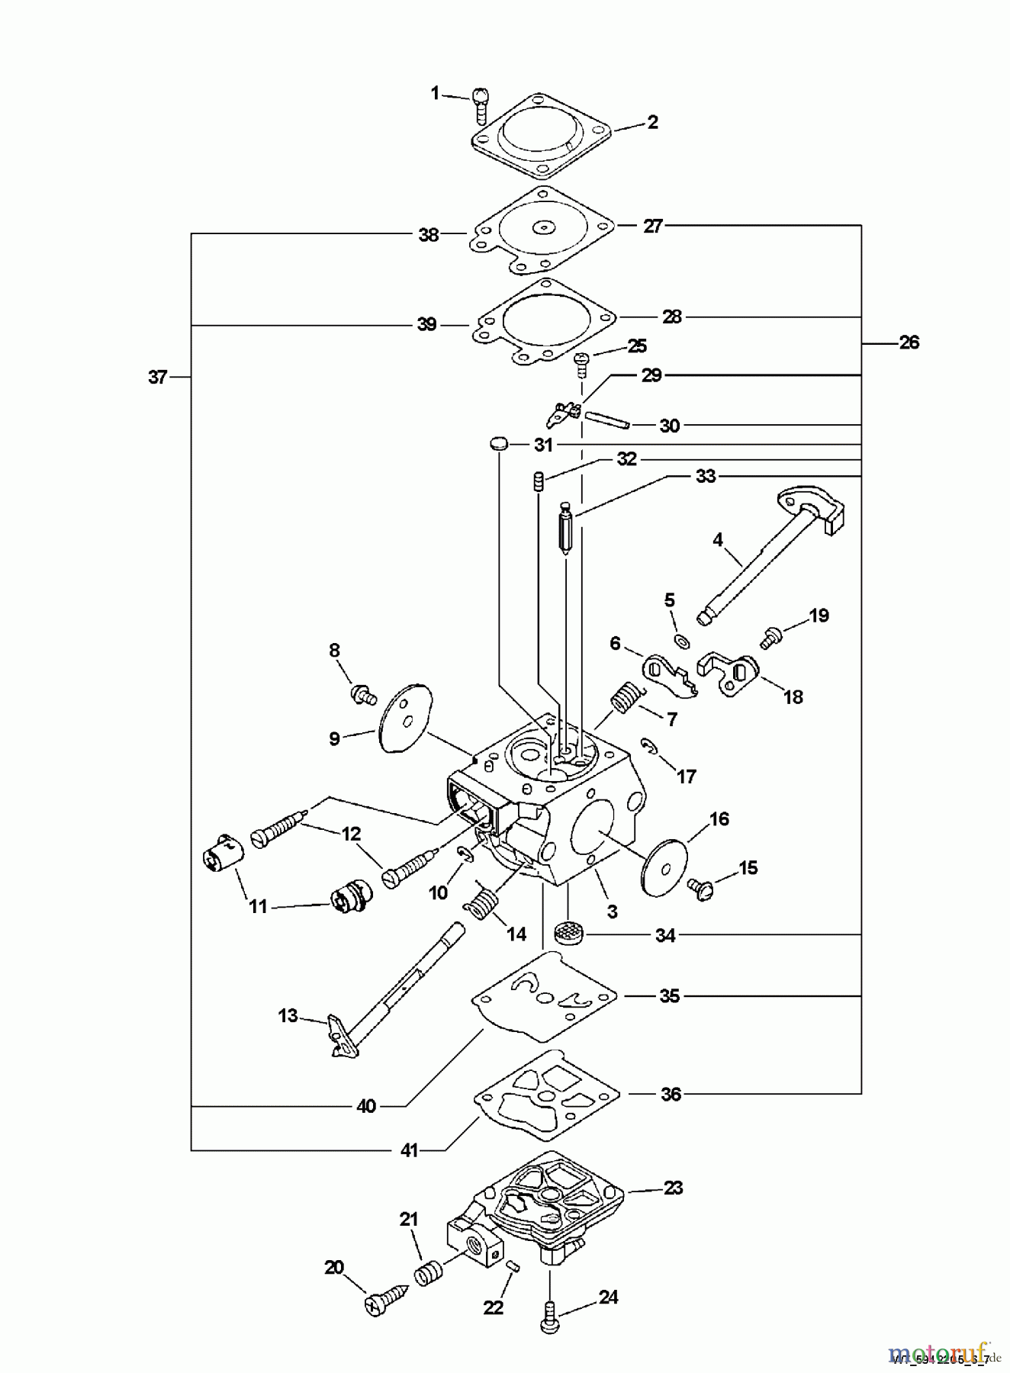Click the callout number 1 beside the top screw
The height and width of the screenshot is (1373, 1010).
435,93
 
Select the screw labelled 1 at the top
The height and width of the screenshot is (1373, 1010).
479,105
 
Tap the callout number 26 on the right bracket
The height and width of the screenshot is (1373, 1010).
909,342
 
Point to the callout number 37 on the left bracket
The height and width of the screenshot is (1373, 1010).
158,376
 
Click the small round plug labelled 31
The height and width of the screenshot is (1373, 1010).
498,443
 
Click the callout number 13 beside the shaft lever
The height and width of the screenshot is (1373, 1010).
288,1015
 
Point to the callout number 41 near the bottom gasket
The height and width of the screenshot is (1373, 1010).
410,1150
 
